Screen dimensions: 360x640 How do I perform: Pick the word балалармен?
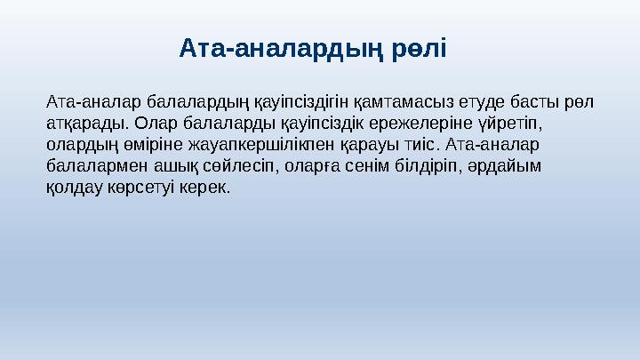pos(90,165)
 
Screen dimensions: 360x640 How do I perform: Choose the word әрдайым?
pos(499,165)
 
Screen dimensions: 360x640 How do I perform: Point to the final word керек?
pos(205,188)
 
